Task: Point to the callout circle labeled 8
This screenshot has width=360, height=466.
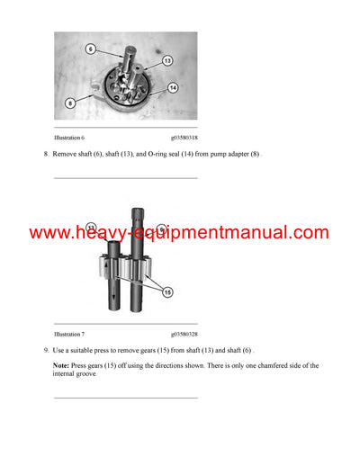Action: pos(71,103)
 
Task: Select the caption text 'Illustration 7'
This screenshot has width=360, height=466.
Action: pos(70,333)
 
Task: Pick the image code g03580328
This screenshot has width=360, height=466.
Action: pos(179,333)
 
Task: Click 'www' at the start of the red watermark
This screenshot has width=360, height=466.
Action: pos(49,233)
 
